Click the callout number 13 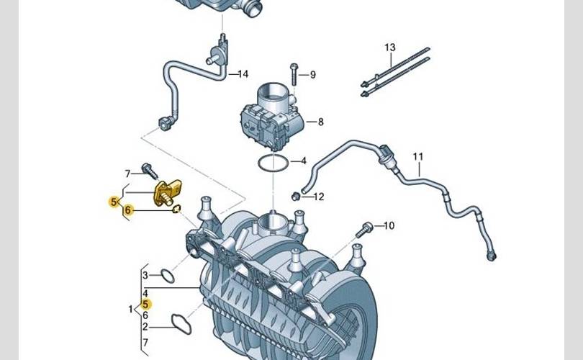click(389, 48)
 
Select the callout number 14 click(243, 74)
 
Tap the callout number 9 click(312, 75)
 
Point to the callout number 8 click(320, 122)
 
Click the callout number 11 click(418, 156)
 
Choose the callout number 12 click(319, 197)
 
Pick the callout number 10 click(389, 225)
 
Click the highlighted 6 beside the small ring click(128, 210)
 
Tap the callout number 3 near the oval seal click(145, 276)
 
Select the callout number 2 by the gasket click(145, 327)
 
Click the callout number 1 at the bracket click(130, 309)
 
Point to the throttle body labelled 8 click(273, 118)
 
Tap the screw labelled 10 click(363, 230)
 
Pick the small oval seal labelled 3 click(168, 276)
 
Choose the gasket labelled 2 click(181, 324)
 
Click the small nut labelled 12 click(296, 196)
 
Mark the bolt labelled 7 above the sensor click(150, 171)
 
